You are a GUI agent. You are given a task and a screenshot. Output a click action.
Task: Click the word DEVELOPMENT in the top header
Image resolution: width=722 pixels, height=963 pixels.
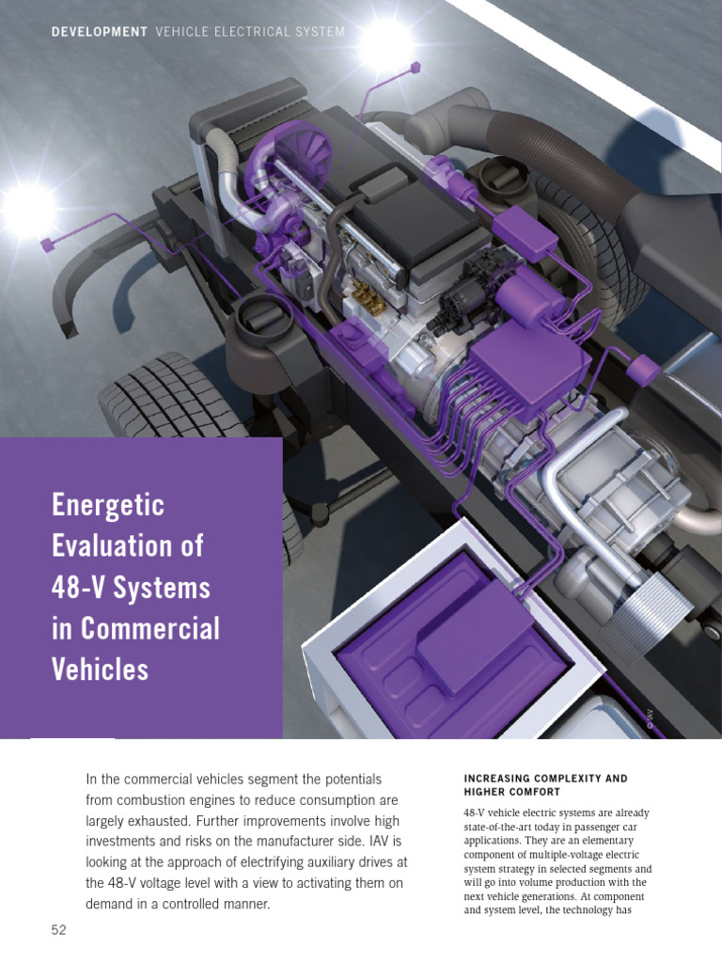(100, 32)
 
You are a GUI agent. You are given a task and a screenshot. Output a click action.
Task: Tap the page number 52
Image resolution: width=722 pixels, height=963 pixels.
(60, 930)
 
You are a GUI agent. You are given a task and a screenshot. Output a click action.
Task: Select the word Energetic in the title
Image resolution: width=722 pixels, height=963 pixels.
(107, 507)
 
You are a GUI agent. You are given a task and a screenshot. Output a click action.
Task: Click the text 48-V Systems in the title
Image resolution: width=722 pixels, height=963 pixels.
(131, 588)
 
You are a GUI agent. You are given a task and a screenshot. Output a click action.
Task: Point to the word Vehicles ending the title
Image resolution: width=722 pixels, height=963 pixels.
(100, 669)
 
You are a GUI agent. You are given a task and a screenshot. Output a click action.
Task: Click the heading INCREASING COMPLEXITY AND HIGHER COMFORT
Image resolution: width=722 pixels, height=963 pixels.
(545, 785)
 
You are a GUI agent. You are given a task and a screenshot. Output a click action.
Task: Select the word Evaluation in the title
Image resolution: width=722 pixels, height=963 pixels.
(127, 547)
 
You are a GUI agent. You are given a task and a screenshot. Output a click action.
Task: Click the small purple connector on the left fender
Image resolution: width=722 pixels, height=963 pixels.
(46, 245)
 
